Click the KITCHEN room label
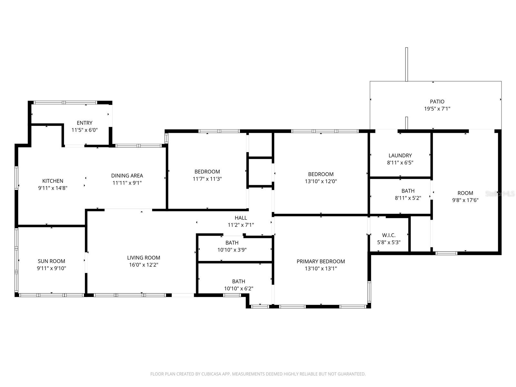(53, 181)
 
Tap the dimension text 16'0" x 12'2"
(144, 265)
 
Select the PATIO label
(437, 102)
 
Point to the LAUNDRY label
(400, 155)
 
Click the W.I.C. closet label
(389, 235)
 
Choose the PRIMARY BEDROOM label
(321, 261)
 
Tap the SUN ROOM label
(51, 261)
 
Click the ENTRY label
(84, 123)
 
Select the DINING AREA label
(127, 175)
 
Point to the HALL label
(241, 218)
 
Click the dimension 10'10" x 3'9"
(232, 250)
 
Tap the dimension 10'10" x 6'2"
(238, 289)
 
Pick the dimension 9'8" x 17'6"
(465, 200)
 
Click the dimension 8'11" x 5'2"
(408, 198)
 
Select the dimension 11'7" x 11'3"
(207, 179)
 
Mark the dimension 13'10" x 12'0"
(321, 181)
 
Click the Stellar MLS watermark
(500, 193)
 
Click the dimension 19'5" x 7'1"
(437, 109)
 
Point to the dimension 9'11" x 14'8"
(53, 188)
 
